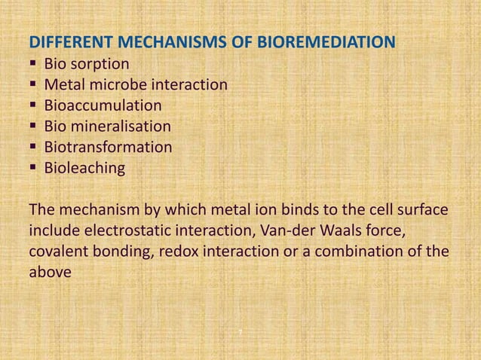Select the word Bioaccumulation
tap(103, 105)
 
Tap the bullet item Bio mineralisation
tap(107, 127)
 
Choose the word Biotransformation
tap(108, 147)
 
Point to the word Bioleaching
tap(84, 168)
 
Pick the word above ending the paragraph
tap(49, 272)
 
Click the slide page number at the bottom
tap(240, 332)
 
